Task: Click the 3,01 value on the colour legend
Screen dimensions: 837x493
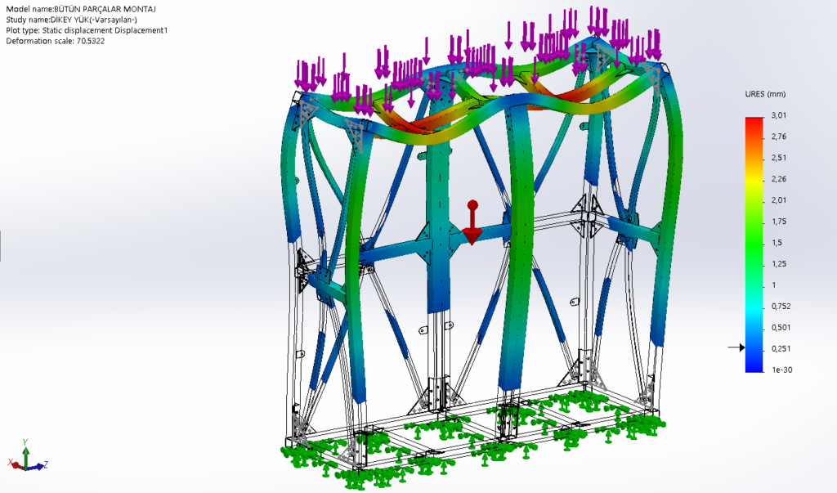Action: point(778,115)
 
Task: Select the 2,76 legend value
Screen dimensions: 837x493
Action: point(779,137)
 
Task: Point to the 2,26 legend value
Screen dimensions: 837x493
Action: point(779,179)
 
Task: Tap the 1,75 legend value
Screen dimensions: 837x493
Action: point(779,222)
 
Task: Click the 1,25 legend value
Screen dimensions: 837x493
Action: point(779,264)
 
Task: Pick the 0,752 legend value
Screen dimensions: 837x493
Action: point(781,307)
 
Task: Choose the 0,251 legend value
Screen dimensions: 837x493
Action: point(781,349)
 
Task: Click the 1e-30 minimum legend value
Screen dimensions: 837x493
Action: point(782,370)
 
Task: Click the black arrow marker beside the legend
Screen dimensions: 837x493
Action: point(736,347)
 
